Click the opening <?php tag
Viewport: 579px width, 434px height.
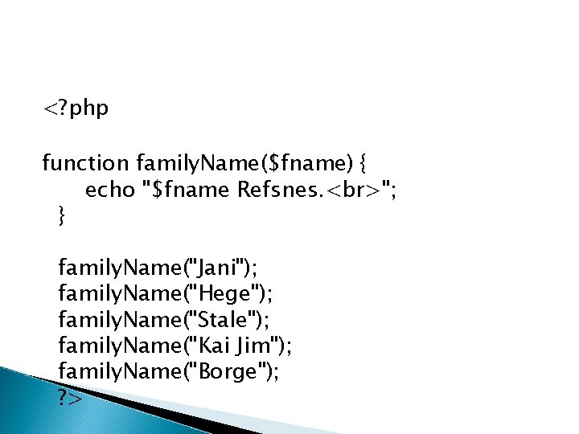click(76, 108)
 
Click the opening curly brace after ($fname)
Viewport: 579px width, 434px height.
click(364, 165)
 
